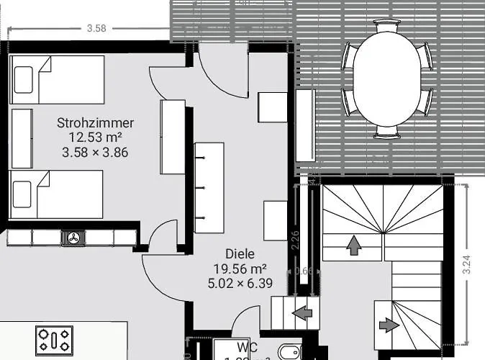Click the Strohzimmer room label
[x=95, y=123]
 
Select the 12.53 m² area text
[x=95, y=138]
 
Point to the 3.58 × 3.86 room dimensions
[x=95, y=152]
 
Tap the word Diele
[x=240, y=254]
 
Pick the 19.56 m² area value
[x=240, y=269]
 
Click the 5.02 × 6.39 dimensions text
[x=240, y=283]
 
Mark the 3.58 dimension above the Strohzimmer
[x=96, y=29]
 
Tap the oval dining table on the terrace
[x=387, y=79]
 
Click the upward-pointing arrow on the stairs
[x=353, y=246]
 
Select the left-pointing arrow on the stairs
[x=302, y=313]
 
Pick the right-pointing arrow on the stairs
[x=389, y=325]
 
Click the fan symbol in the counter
[x=73, y=238]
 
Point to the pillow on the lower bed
[x=23, y=194]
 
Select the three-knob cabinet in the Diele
[x=209, y=187]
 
